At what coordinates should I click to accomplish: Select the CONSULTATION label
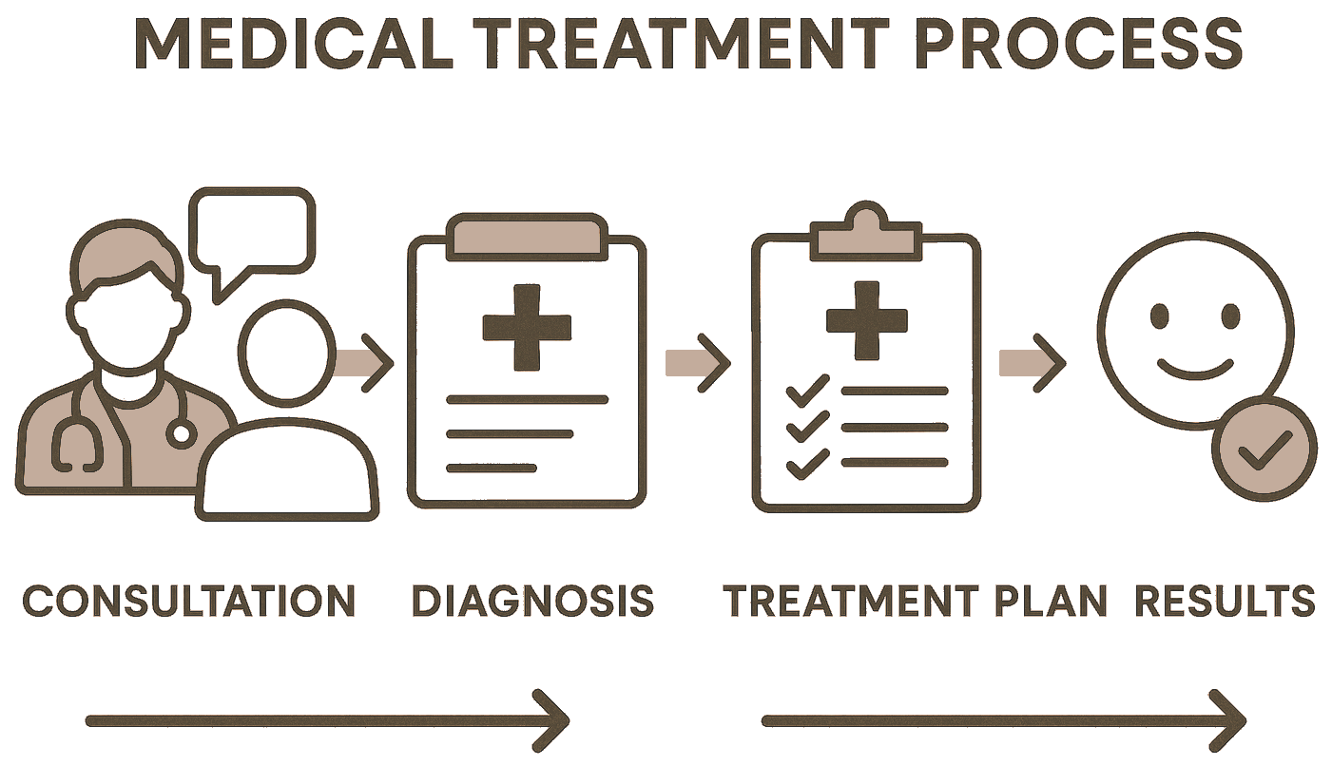click(189, 601)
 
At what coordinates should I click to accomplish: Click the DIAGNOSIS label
click(533, 601)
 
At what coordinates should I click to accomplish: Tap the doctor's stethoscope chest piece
click(180, 434)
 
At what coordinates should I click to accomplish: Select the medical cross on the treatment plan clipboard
click(866, 321)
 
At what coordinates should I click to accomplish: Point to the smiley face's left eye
click(1158, 315)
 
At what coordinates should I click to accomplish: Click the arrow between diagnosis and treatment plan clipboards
click(697, 362)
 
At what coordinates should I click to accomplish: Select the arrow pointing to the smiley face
click(1032, 362)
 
